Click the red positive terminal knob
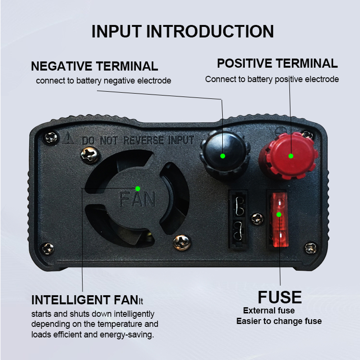pyautogui.click(x=289, y=156)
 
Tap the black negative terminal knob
pyautogui.click(x=222, y=155)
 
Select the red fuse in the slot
pyautogui.click(x=279, y=220)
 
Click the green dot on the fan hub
pyautogui.click(x=138, y=189)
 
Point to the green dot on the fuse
pyautogui.click(x=279, y=215)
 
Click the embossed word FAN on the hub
pyautogui.click(x=137, y=199)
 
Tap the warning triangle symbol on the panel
pyautogui.click(x=68, y=138)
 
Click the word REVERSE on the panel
pyautogui.click(x=144, y=140)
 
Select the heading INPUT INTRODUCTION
pyautogui.click(x=183, y=31)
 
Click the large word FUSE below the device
pyautogui.click(x=280, y=297)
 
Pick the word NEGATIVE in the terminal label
pyautogui.click(x=61, y=66)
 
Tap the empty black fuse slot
pyautogui.click(x=238, y=219)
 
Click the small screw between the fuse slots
pyautogui.click(x=257, y=219)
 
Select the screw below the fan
pyautogui.click(x=182, y=242)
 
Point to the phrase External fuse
pyautogui.click(x=269, y=311)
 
